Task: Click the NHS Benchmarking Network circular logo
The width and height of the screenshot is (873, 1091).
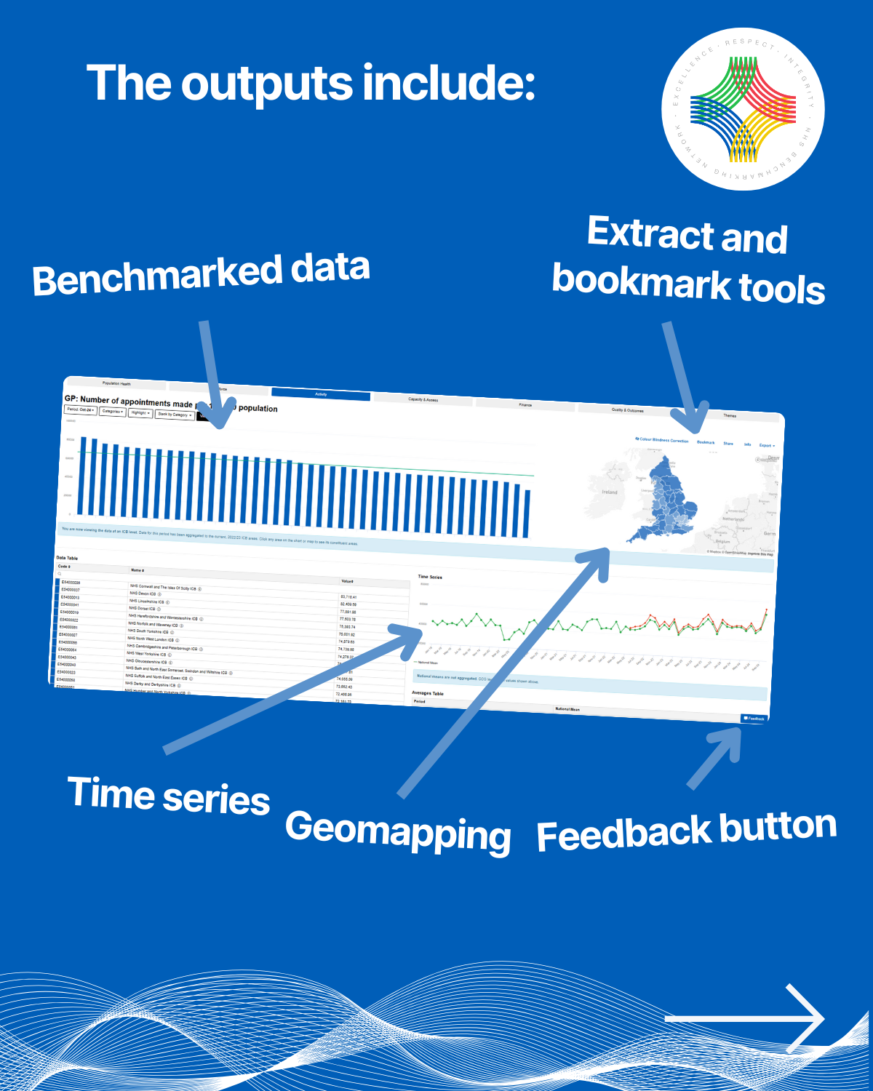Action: pyautogui.click(x=743, y=109)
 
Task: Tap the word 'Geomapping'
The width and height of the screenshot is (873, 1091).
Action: pyautogui.click(x=397, y=831)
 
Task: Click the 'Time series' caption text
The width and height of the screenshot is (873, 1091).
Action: pyautogui.click(x=169, y=795)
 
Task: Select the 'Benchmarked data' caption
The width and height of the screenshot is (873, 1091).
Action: pyautogui.click(x=201, y=273)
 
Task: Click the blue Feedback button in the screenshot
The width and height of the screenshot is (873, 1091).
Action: pyautogui.click(x=754, y=719)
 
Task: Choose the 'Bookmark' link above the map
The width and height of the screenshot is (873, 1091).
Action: pyautogui.click(x=706, y=442)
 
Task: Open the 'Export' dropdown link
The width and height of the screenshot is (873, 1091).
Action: pyautogui.click(x=767, y=445)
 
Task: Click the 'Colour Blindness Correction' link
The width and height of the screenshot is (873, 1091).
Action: pyautogui.click(x=662, y=440)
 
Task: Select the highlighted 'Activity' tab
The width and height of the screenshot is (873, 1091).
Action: pyautogui.click(x=321, y=394)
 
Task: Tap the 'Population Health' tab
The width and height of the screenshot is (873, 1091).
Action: pyautogui.click(x=116, y=383)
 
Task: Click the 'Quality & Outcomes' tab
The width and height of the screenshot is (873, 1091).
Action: pyautogui.click(x=627, y=410)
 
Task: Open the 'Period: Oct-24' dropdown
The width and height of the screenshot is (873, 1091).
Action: pyautogui.click(x=80, y=410)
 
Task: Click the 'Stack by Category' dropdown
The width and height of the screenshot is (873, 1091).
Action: pyautogui.click(x=174, y=415)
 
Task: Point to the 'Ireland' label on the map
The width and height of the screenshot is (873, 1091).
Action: pyautogui.click(x=610, y=492)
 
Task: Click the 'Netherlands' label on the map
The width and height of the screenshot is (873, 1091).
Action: pyautogui.click(x=733, y=519)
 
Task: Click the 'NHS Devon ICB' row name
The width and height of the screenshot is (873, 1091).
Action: pyautogui.click(x=143, y=594)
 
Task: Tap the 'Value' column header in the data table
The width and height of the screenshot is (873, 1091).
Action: pyautogui.click(x=347, y=581)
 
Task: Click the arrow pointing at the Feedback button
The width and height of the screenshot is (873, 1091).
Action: pyautogui.click(x=717, y=756)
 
